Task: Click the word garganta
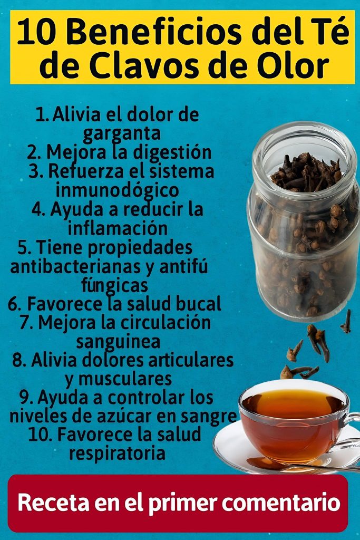121,133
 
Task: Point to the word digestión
172,152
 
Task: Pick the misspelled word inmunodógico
118,190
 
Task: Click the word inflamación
118,228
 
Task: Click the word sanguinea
118,342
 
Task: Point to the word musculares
124,379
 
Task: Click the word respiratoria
117,454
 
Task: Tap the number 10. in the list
40,435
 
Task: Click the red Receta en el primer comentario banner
178,503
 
